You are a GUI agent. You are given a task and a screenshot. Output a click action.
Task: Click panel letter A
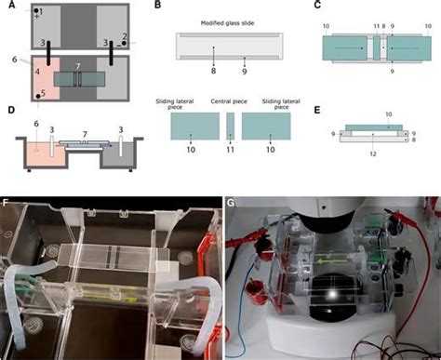click(x=7, y=6)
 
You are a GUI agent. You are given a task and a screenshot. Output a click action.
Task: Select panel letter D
click(x=7, y=111)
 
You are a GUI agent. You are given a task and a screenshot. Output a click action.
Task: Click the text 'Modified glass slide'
click(x=229, y=21)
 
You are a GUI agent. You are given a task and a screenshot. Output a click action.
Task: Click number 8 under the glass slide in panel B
click(x=214, y=70)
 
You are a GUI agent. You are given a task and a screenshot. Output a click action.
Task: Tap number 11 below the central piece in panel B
click(x=231, y=147)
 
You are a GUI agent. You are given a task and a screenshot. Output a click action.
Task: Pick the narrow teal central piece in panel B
click(x=231, y=124)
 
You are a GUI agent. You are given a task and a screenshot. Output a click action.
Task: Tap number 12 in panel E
click(x=371, y=153)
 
